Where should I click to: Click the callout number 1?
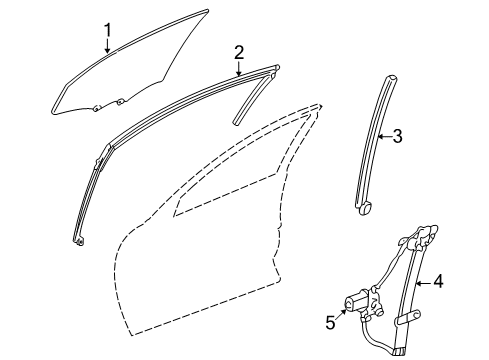point(108,32)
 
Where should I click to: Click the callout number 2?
point(239,51)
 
